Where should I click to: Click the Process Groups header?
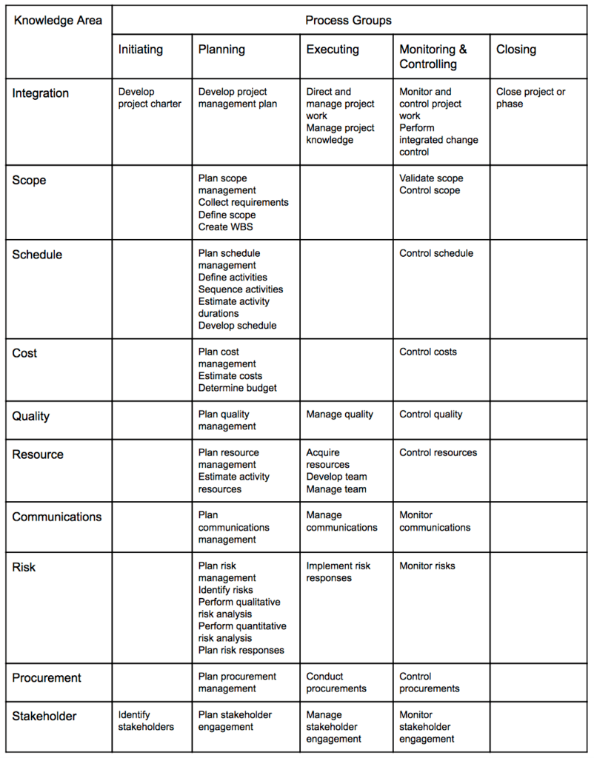pyautogui.click(x=348, y=21)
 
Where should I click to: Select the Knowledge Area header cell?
pyautogui.click(x=58, y=21)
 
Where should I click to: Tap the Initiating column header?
pyautogui.click(x=141, y=50)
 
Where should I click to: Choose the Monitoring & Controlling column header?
pyautogui.click(x=433, y=57)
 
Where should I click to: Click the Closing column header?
pyautogui.click(x=516, y=50)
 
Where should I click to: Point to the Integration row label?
pyautogui.click(x=41, y=93)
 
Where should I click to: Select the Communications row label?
pyautogui.click(x=57, y=517)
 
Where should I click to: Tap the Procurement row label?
pyautogui.click(x=47, y=678)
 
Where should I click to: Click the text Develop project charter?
pyautogui.click(x=150, y=98)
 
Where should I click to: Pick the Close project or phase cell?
pyautogui.click(x=530, y=98)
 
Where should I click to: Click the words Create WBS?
pyautogui.click(x=226, y=227)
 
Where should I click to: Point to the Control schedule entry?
pyautogui.click(x=436, y=253)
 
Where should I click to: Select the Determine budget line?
pyautogui.click(x=238, y=388)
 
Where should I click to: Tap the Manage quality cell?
pyautogui.click(x=340, y=415)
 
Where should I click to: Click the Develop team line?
pyautogui.click(x=337, y=477)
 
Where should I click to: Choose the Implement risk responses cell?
pyautogui.click(x=338, y=571)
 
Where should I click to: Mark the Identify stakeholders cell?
pyautogui.click(x=146, y=721)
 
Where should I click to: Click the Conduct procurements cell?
pyautogui.click(x=336, y=682)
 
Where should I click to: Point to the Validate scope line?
pyautogui.click(x=431, y=178)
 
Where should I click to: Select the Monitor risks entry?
pyautogui.click(x=427, y=566)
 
